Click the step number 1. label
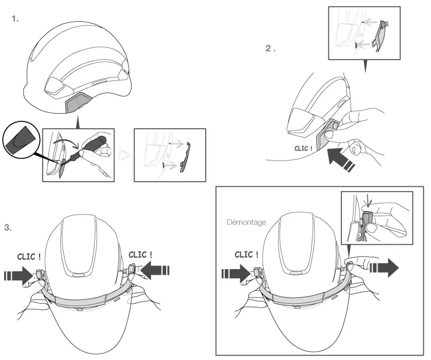pyautogui.click(x=15, y=19)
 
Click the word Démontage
pyautogui.click(x=246, y=222)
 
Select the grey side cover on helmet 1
pyautogui.click(x=78, y=103)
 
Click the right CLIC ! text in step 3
pyautogui.click(x=142, y=255)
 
